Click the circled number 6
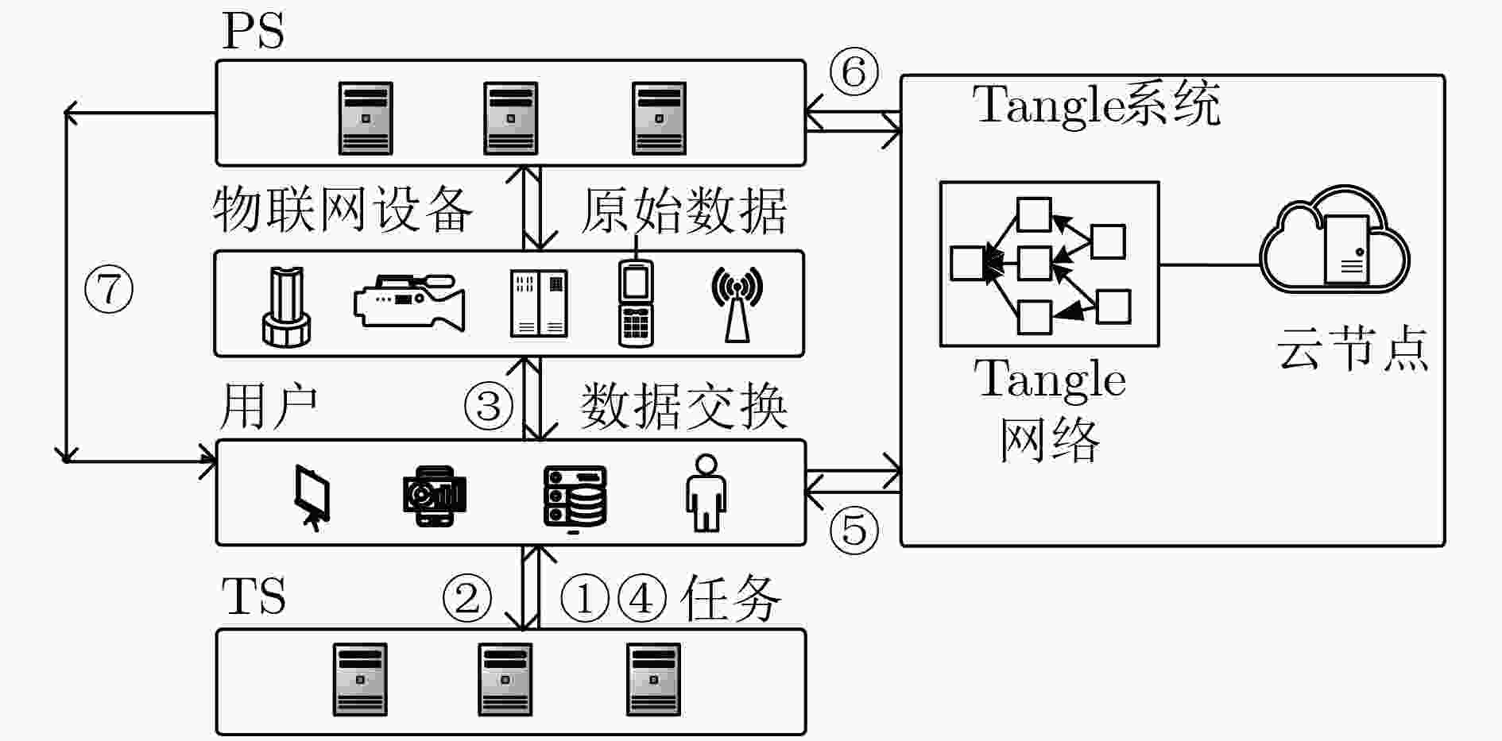[x=854, y=72]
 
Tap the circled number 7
[x=109, y=290]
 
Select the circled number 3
[x=488, y=406]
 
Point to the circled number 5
[x=854, y=529]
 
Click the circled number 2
[x=466, y=598]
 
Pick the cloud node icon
[x=1335, y=241]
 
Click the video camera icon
[x=409, y=302]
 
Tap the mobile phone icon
[x=636, y=303]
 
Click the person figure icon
[x=706, y=493]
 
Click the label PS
[x=253, y=32]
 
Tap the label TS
[x=254, y=597]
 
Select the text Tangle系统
[x=1096, y=105]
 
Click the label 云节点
[x=1352, y=349]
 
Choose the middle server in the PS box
[x=511, y=118]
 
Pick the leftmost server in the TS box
[x=360, y=680]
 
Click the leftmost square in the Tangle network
[x=967, y=263]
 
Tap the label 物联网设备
[x=343, y=211]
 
